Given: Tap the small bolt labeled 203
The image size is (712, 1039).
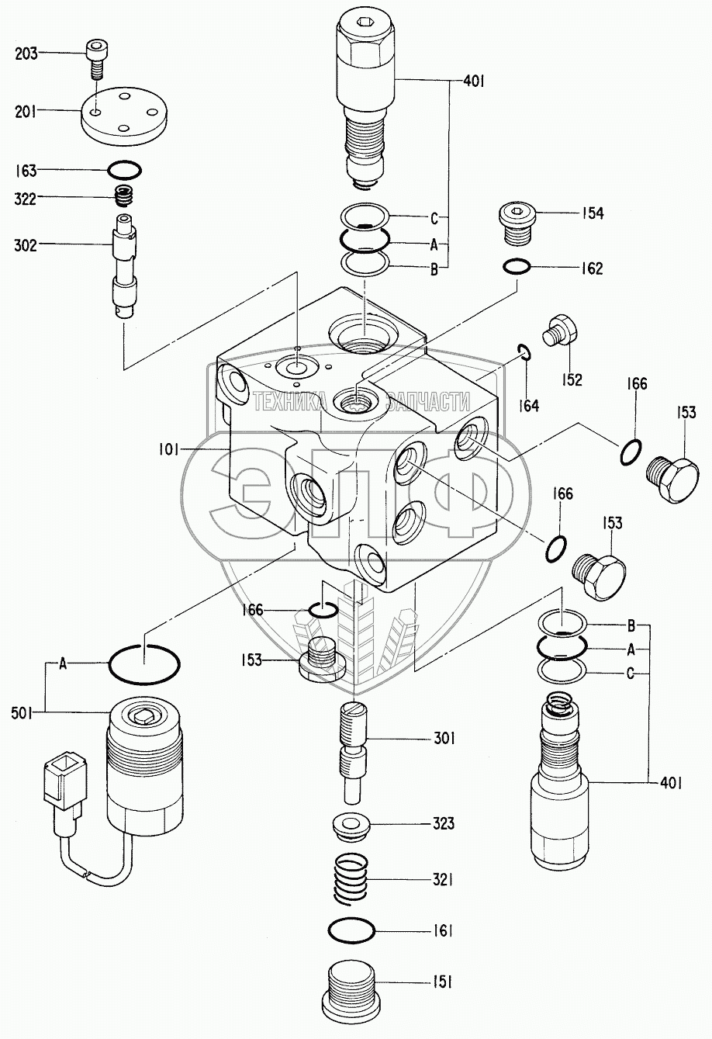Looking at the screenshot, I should [95, 60].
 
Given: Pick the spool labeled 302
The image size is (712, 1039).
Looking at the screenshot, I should [123, 267].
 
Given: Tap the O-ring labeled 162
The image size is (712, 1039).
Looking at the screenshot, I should [517, 268].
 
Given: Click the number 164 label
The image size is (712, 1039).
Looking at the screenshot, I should [530, 403].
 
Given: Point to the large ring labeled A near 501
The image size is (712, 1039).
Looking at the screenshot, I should [145, 664].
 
